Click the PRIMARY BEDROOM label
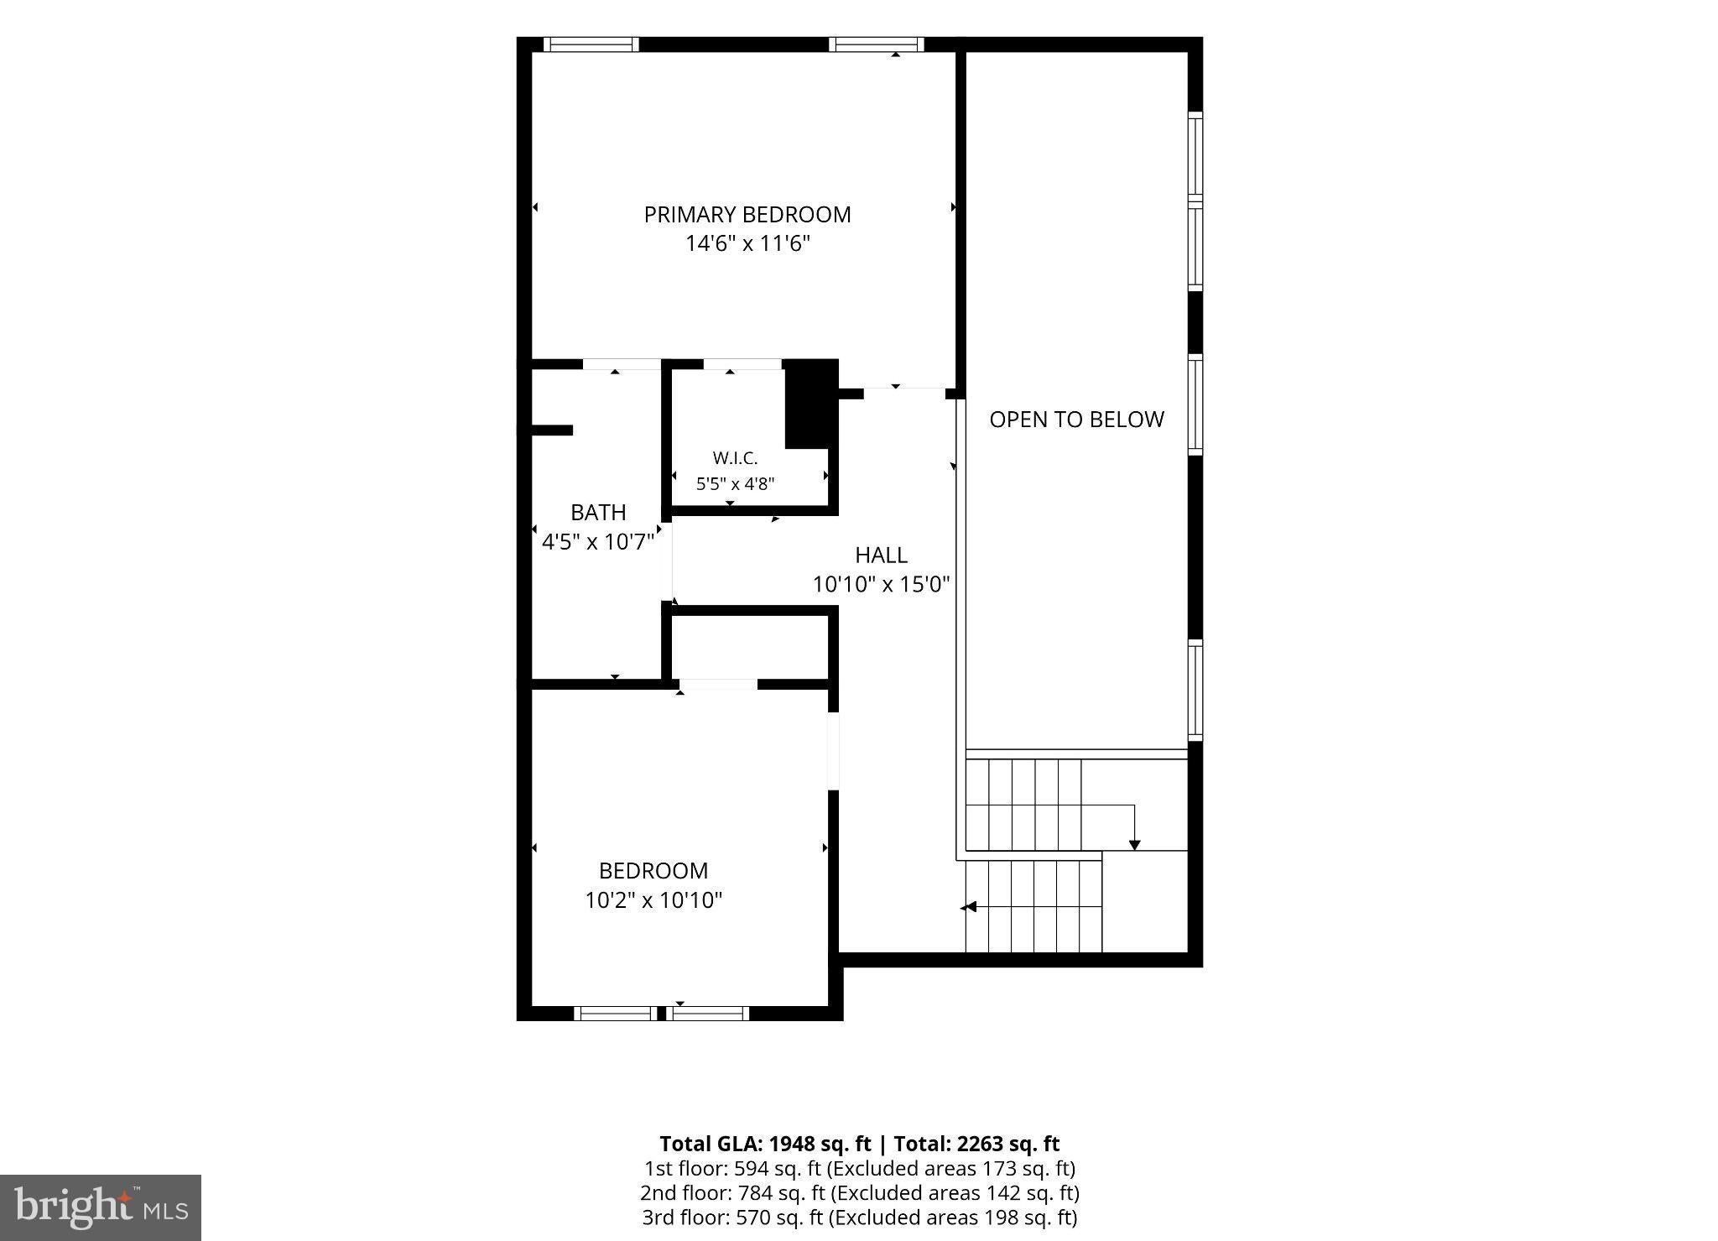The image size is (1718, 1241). (747, 215)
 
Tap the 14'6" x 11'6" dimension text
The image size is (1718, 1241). (747, 244)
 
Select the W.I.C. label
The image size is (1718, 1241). (735, 458)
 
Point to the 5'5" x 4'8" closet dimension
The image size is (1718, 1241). (735, 484)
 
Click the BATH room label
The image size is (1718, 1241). (598, 513)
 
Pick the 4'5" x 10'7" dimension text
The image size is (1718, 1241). (598, 542)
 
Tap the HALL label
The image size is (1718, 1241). (881, 555)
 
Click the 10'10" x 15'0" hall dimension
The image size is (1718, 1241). (881, 584)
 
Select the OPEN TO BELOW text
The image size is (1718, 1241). (1077, 420)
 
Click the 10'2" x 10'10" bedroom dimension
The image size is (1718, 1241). (653, 900)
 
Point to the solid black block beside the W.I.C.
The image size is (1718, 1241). (811, 404)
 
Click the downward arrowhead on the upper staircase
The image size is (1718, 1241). (1135, 845)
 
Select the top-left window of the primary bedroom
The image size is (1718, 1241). (591, 44)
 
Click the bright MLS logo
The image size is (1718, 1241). (101, 1207)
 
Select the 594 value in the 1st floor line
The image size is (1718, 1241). (748, 1168)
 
